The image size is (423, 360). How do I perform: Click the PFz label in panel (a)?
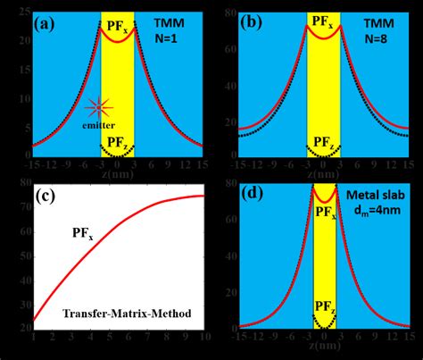point(117,142)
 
